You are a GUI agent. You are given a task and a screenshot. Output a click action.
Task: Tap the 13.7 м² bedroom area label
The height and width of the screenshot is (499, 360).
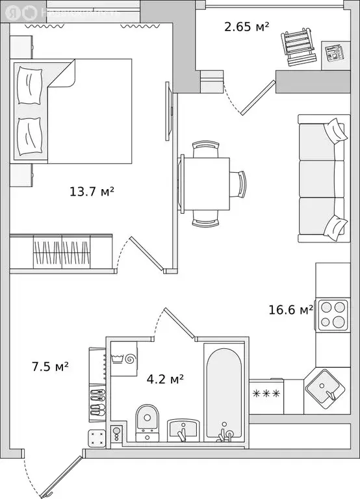(x=92, y=191)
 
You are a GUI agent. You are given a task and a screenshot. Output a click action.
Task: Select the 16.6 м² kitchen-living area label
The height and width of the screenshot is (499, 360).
(x=290, y=310)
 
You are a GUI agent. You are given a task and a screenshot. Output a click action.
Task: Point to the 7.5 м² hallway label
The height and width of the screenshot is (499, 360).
(x=51, y=366)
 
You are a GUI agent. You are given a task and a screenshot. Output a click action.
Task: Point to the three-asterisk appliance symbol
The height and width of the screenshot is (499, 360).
(x=265, y=394)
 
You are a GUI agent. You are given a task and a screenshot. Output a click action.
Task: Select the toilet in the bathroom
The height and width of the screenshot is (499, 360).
(x=147, y=420)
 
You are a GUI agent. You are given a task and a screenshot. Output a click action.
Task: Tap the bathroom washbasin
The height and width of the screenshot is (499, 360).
(x=183, y=430)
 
